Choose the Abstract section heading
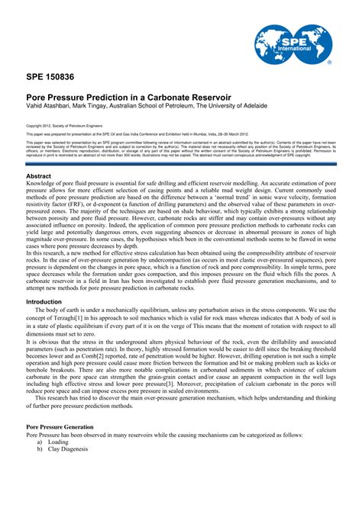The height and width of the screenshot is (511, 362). coord(38,175)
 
